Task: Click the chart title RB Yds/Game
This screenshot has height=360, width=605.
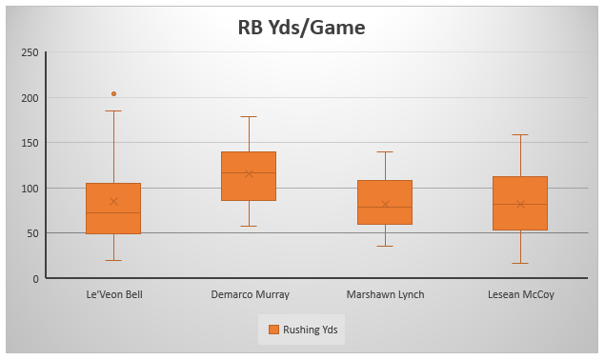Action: pyautogui.click(x=301, y=28)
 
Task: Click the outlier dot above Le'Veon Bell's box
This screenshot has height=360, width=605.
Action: pyautogui.click(x=113, y=93)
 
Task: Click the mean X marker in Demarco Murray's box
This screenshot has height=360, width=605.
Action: pyautogui.click(x=249, y=173)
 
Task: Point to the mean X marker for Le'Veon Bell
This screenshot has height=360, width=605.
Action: pyautogui.click(x=113, y=201)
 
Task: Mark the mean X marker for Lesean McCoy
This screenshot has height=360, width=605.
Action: pyautogui.click(x=520, y=204)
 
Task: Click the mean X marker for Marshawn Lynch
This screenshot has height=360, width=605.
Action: pyautogui.click(x=385, y=205)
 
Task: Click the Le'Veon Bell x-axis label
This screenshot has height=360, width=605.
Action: pyautogui.click(x=113, y=295)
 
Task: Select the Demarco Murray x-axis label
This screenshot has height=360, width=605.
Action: pyautogui.click(x=250, y=295)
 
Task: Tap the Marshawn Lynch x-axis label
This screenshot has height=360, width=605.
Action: pyautogui.click(x=385, y=295)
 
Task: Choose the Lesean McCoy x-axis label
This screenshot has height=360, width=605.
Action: pyautogui.click(x=520, y=295)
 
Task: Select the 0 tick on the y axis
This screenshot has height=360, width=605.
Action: pyautogui.click(x=34, y=279)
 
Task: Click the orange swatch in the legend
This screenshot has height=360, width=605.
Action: pyautogui.click(x=273, y=330)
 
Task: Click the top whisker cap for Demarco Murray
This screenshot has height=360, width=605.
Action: pyautogui.click(x=249, y=116)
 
